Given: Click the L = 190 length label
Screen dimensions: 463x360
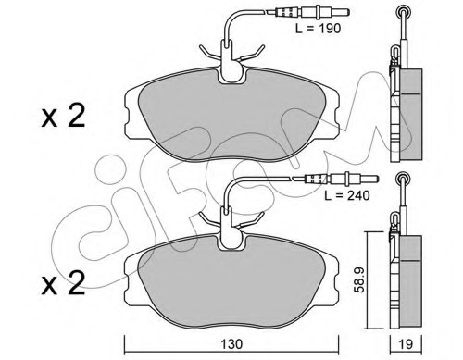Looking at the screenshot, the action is coord(318,29).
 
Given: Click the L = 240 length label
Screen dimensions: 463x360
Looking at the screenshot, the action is coord(347,195).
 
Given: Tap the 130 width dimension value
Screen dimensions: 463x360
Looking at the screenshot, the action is coord(231,344).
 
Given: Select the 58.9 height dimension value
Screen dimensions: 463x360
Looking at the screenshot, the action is coord(359,279).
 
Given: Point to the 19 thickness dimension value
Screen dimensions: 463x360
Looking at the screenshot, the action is coord(406,344).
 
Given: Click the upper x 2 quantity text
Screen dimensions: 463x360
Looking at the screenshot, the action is coord(63,117).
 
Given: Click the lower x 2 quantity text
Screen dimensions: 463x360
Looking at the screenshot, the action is coord(63,283).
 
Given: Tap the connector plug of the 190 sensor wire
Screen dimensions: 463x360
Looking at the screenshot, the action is coord(308,12).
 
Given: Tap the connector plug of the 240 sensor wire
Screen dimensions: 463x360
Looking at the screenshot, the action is coord(336,179).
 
